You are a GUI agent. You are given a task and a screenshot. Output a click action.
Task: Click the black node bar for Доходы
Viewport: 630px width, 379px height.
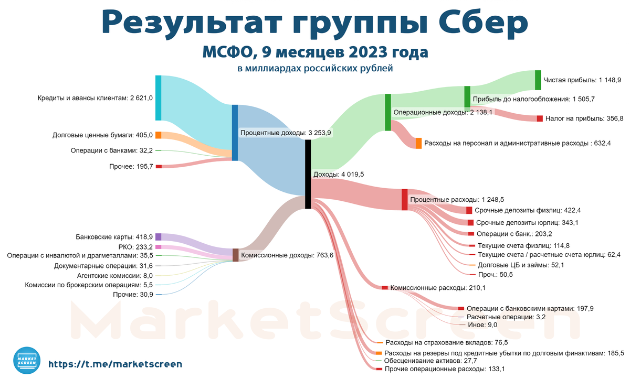308,174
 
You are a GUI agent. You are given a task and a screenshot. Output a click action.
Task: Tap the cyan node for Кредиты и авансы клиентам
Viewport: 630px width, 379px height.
158,98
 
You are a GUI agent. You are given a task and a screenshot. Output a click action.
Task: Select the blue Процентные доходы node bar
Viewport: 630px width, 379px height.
235,133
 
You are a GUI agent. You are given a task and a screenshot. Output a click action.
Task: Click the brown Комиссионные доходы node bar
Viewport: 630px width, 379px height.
236,255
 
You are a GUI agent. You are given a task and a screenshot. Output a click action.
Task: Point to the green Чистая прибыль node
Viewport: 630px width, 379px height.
538,80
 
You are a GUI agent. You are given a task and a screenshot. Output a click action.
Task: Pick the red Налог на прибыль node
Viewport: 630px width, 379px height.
540,118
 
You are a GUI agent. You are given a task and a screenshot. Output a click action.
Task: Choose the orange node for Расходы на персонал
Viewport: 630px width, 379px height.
418,143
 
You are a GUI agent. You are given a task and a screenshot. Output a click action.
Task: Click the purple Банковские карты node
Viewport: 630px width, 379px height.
158,237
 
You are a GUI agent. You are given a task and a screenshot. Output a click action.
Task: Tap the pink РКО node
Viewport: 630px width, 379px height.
158,247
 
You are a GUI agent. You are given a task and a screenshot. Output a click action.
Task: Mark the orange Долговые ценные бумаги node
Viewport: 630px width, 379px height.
158,135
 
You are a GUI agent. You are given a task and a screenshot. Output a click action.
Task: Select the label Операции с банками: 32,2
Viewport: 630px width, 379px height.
111,150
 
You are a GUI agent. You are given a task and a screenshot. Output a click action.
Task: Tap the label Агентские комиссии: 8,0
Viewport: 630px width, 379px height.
114,275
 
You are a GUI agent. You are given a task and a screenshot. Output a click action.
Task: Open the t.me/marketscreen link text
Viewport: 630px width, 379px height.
115,363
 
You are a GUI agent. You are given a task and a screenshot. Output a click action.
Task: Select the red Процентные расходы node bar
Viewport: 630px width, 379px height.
405,200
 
